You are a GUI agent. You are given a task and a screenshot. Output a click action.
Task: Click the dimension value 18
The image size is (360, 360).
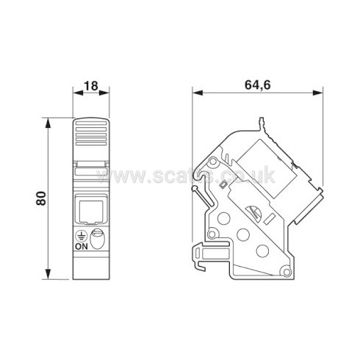pyautogui.click(x=91, y=85)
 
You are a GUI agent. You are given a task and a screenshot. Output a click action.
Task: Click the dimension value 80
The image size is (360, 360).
pyautogui.click(x=41, y=198)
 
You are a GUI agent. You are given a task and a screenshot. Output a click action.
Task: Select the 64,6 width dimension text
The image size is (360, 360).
pyautogui.click(x=257, y=85)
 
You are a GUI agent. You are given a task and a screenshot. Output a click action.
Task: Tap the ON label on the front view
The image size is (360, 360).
pyautogui.click(x=82, y=246)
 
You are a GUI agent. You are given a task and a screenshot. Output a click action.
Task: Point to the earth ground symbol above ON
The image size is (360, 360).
pyautogui.click(x=82, y=236)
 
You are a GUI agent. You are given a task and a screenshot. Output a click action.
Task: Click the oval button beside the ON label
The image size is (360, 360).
pyautogui.click(x=97, y=239)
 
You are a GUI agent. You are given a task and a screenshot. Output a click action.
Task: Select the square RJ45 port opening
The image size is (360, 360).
pyautogui.click(x=91, y=210)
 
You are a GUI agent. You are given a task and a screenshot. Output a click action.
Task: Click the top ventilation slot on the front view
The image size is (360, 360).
pyautogui.click(x=91, y=123)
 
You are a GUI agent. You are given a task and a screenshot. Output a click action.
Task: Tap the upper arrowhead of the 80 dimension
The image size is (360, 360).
pyautogui.click(x=48, y=123)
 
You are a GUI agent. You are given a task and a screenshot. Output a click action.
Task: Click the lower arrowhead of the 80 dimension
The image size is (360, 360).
pyautogui.click(x=48, y=274)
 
